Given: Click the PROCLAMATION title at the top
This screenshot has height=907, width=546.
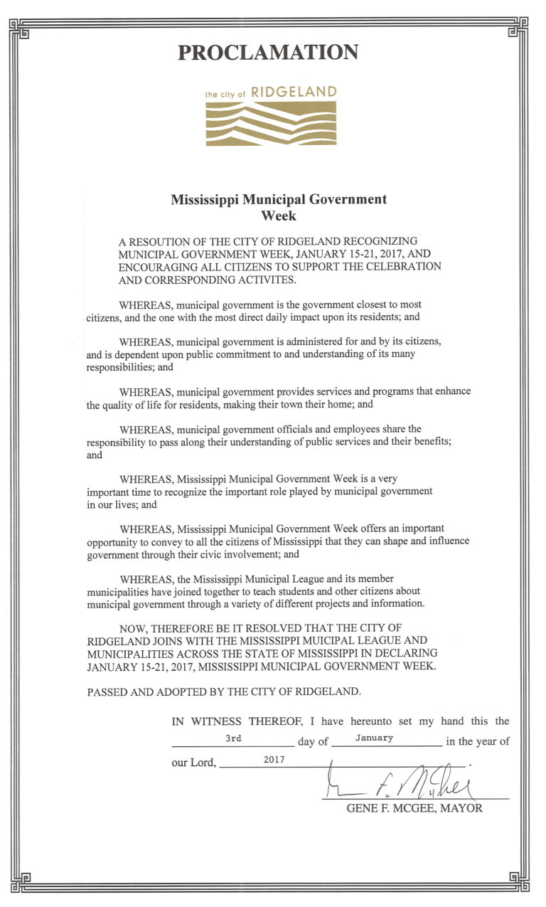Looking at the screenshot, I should pos(267,52).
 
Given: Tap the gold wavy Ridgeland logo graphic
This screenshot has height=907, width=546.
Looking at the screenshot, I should pos(271,122).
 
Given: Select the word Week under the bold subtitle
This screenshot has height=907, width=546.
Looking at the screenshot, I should pos(279,215).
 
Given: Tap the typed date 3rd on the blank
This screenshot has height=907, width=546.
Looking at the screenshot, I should pos(233,738).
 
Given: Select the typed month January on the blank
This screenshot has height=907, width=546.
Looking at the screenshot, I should pos(374,738).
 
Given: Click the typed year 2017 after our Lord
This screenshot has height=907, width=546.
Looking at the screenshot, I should pos(274,760).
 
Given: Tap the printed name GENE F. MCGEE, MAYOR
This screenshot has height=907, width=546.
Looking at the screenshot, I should pos(414,809).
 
